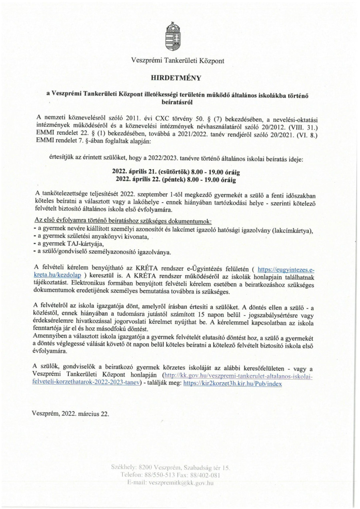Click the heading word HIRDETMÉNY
click(x=178, y=77)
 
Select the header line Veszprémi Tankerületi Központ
click(x=178, y=61)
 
